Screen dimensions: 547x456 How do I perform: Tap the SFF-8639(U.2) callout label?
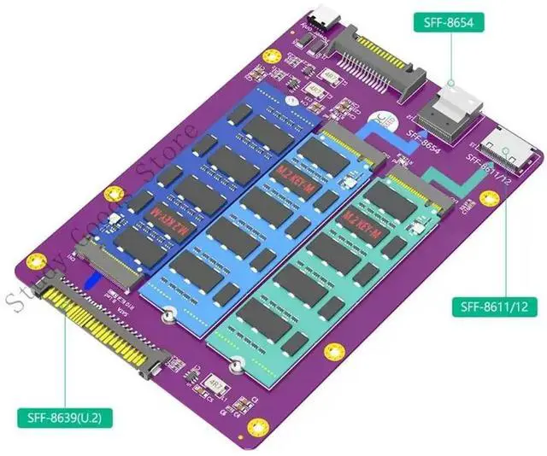coord(65,419)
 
